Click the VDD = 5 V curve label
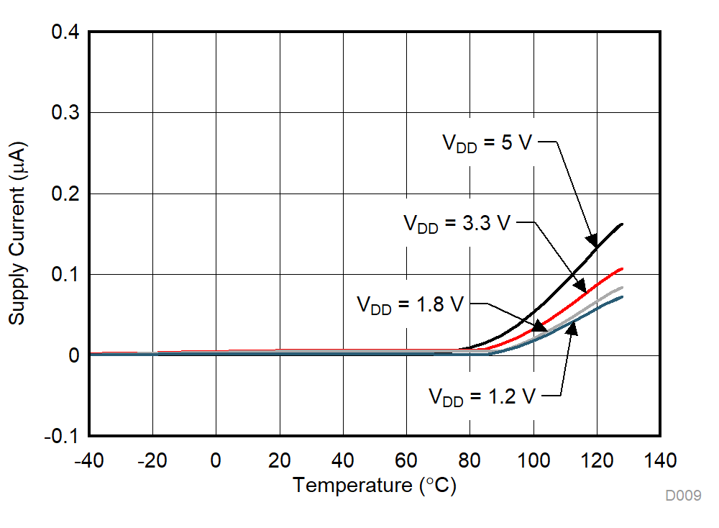click(x=487, y=142)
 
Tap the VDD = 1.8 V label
click(x=411, y=304)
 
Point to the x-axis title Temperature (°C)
click(x=374, y=486)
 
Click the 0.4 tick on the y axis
click(x=65, y=32)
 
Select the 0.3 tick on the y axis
click(x=65, y=113)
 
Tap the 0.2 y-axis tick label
click(x=65, y=194)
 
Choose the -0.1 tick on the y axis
click(x=62, y=436)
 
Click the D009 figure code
click(x=682, y=496)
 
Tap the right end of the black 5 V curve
click(x=622, y=224)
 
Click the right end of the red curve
click(x=622, y=268)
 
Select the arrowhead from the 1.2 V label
click(x=573, y=328)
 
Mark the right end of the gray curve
click(x=622, y=287)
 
